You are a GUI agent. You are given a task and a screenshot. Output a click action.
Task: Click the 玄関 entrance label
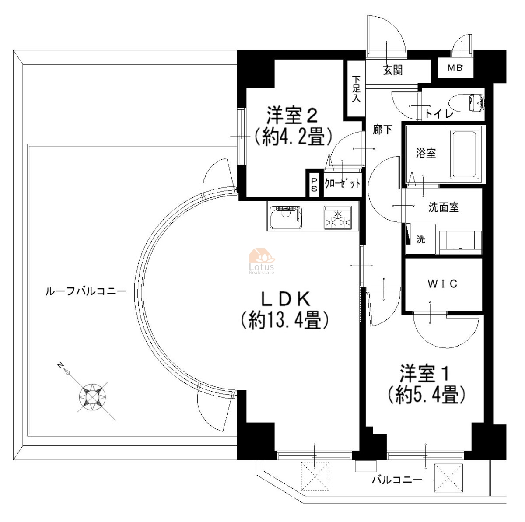[392, 70]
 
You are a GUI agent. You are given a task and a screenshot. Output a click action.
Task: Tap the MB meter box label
[455, 68]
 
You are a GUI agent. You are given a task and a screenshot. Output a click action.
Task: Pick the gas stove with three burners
[338, 218]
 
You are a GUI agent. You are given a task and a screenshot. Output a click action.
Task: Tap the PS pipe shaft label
[314, 185]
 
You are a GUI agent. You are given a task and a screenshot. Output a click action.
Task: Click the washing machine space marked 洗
[420, 239]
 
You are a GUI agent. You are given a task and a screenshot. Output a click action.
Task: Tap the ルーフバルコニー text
[86, 292]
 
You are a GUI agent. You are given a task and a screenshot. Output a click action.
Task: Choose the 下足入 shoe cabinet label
[356, 89]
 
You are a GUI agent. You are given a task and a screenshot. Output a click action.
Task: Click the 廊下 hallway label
[382, 130]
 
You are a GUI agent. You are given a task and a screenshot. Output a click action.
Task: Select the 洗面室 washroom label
[444, 207]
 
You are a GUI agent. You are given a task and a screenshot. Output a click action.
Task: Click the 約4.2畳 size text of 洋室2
[293, 136]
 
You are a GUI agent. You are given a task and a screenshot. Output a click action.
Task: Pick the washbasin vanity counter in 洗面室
[460, 242]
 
